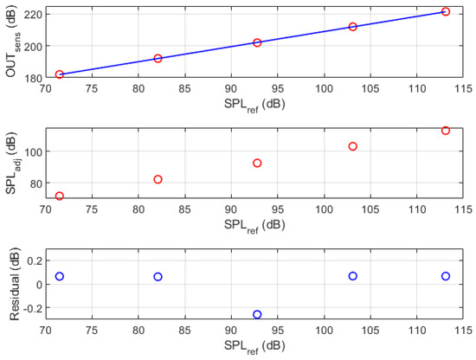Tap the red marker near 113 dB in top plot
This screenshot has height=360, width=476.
(x=446, y=12)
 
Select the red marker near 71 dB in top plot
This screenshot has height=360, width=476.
(x=60, y=74)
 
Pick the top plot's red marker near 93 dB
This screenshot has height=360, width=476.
(x=257, y=42)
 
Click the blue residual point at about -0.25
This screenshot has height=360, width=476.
(x=257, y=314)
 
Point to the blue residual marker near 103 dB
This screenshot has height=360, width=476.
(x=353, y=276)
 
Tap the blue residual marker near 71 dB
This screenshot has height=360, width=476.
(x=60, y=276)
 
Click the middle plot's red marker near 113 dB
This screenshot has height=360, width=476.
(x=446, y=131)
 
